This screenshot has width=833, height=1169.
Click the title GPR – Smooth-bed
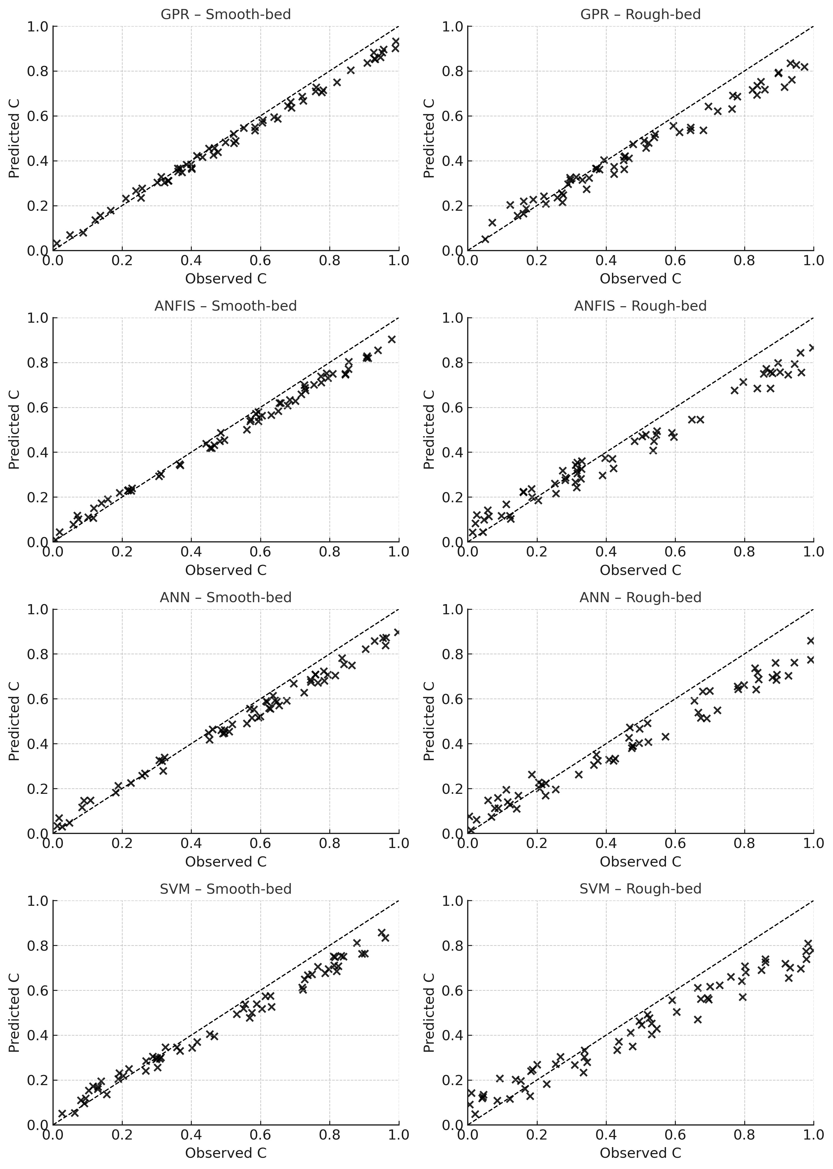[226, 14]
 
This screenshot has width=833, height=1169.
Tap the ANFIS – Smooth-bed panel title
[226, 306]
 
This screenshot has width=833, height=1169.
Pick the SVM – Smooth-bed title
[226, 889]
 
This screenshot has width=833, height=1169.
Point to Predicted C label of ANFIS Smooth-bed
[14, 430]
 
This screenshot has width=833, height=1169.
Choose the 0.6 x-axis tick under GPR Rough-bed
[675, 260]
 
